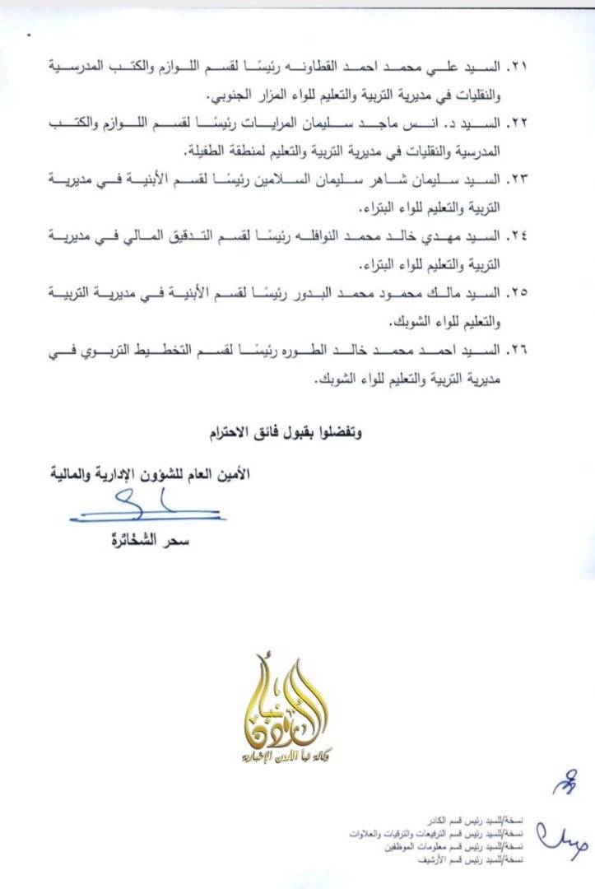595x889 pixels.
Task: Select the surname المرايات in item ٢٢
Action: (x=332, y=123)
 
